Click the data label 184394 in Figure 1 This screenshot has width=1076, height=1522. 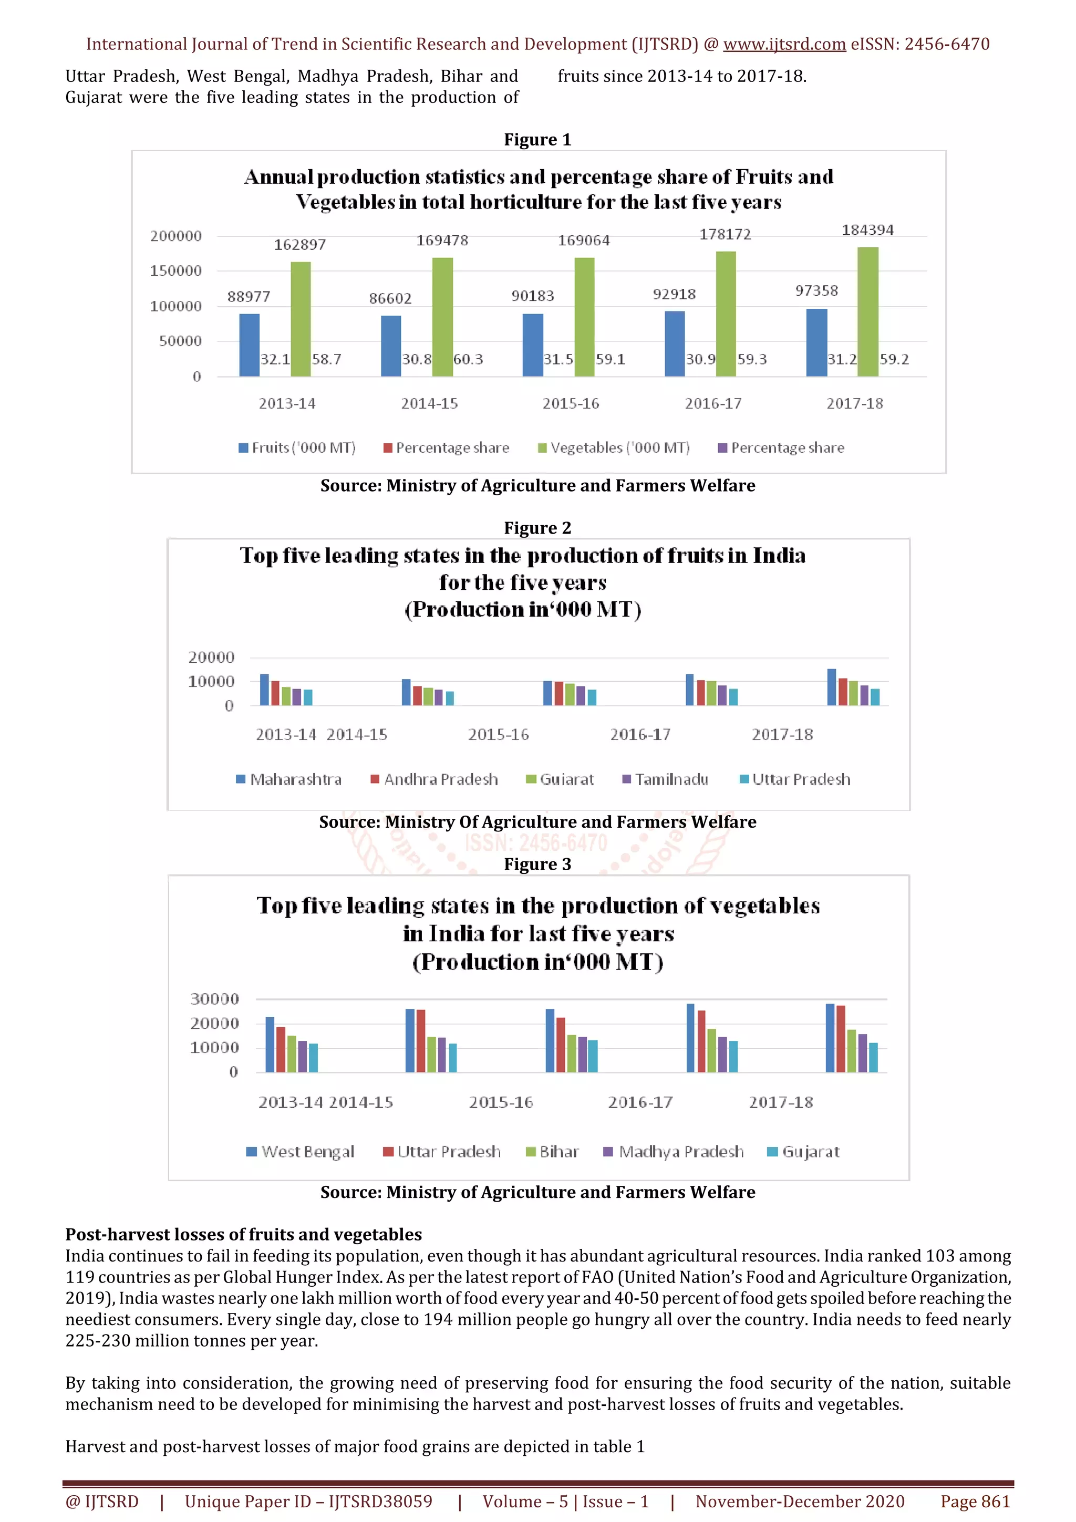click(x=867, y=230)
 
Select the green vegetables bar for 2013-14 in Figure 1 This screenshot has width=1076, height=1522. click(x=301, y=319)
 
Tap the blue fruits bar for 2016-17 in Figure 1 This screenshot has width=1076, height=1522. click(x=674, y=343)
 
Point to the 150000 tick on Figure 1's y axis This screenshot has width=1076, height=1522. click(x=175, y=270)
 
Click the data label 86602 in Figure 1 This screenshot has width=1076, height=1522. click(x=390, y=298)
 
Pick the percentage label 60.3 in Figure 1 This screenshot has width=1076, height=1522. click(x=468, y=359)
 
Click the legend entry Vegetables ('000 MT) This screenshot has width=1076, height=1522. click(x=614, y=448)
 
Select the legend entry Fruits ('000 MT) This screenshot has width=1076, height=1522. click(x=298, y=448)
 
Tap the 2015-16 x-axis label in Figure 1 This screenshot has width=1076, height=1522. click(x=571, y=403)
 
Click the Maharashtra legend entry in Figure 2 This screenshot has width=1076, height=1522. click(x=289, y=779)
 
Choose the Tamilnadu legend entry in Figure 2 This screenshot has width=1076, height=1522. click(x=666, y=779)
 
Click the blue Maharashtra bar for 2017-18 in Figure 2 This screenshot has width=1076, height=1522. click(x=831, y=687)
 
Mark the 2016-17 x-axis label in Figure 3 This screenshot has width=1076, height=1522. click(x=640, y=1102)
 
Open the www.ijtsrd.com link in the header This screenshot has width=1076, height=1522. click(x=784, y=45)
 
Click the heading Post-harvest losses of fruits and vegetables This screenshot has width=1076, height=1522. click(x=243, y=1234)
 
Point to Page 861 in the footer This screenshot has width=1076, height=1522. click(x=975, y=1502)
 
